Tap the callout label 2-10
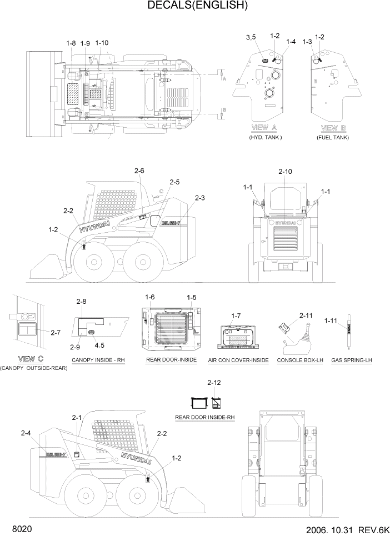pos(285,172)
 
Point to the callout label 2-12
pos(214,383)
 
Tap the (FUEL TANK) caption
pos(333,137)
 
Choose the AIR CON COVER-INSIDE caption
pos(238,360)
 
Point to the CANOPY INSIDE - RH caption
pos(98,360)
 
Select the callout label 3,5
pos(250,37)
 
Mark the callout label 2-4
pos(26,433)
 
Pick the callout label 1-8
pos(71,43)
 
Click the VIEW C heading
pos(32,358)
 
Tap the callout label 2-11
pos(306,315)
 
